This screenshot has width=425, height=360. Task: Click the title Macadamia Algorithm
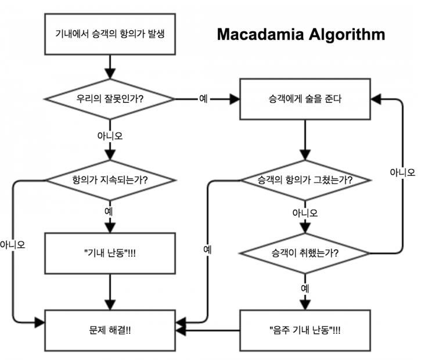click(301, 34)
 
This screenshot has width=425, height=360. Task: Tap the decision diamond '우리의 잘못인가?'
click(110, 99)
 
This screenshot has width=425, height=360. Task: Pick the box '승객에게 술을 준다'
click(304, 99)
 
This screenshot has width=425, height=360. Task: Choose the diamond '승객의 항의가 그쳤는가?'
click(304, 179)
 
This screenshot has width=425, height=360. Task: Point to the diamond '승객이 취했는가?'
click(304, 253)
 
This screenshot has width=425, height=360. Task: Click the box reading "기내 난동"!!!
click(110, 253)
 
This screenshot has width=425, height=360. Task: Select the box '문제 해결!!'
click(110, 330)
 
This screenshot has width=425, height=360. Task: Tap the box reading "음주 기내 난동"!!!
click(304, 330)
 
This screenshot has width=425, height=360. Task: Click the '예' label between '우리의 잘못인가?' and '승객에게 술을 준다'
click(203, 99)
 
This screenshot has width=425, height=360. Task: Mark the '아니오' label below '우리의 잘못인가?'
click(110, 136)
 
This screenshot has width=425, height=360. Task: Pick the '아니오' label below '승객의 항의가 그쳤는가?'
click(304, 213)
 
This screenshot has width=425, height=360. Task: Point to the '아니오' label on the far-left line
click(13, 244)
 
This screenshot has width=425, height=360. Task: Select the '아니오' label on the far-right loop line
click(402, 172)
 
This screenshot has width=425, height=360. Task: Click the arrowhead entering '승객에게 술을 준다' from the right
click(376, 99)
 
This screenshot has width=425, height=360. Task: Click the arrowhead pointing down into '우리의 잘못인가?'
click(110, 74)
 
